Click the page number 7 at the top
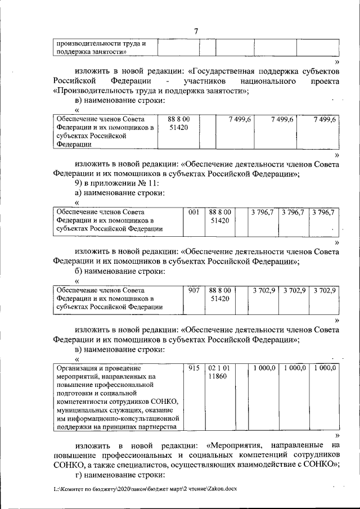196,31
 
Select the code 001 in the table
194,211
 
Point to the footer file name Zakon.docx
222,489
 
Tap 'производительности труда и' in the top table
101,43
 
